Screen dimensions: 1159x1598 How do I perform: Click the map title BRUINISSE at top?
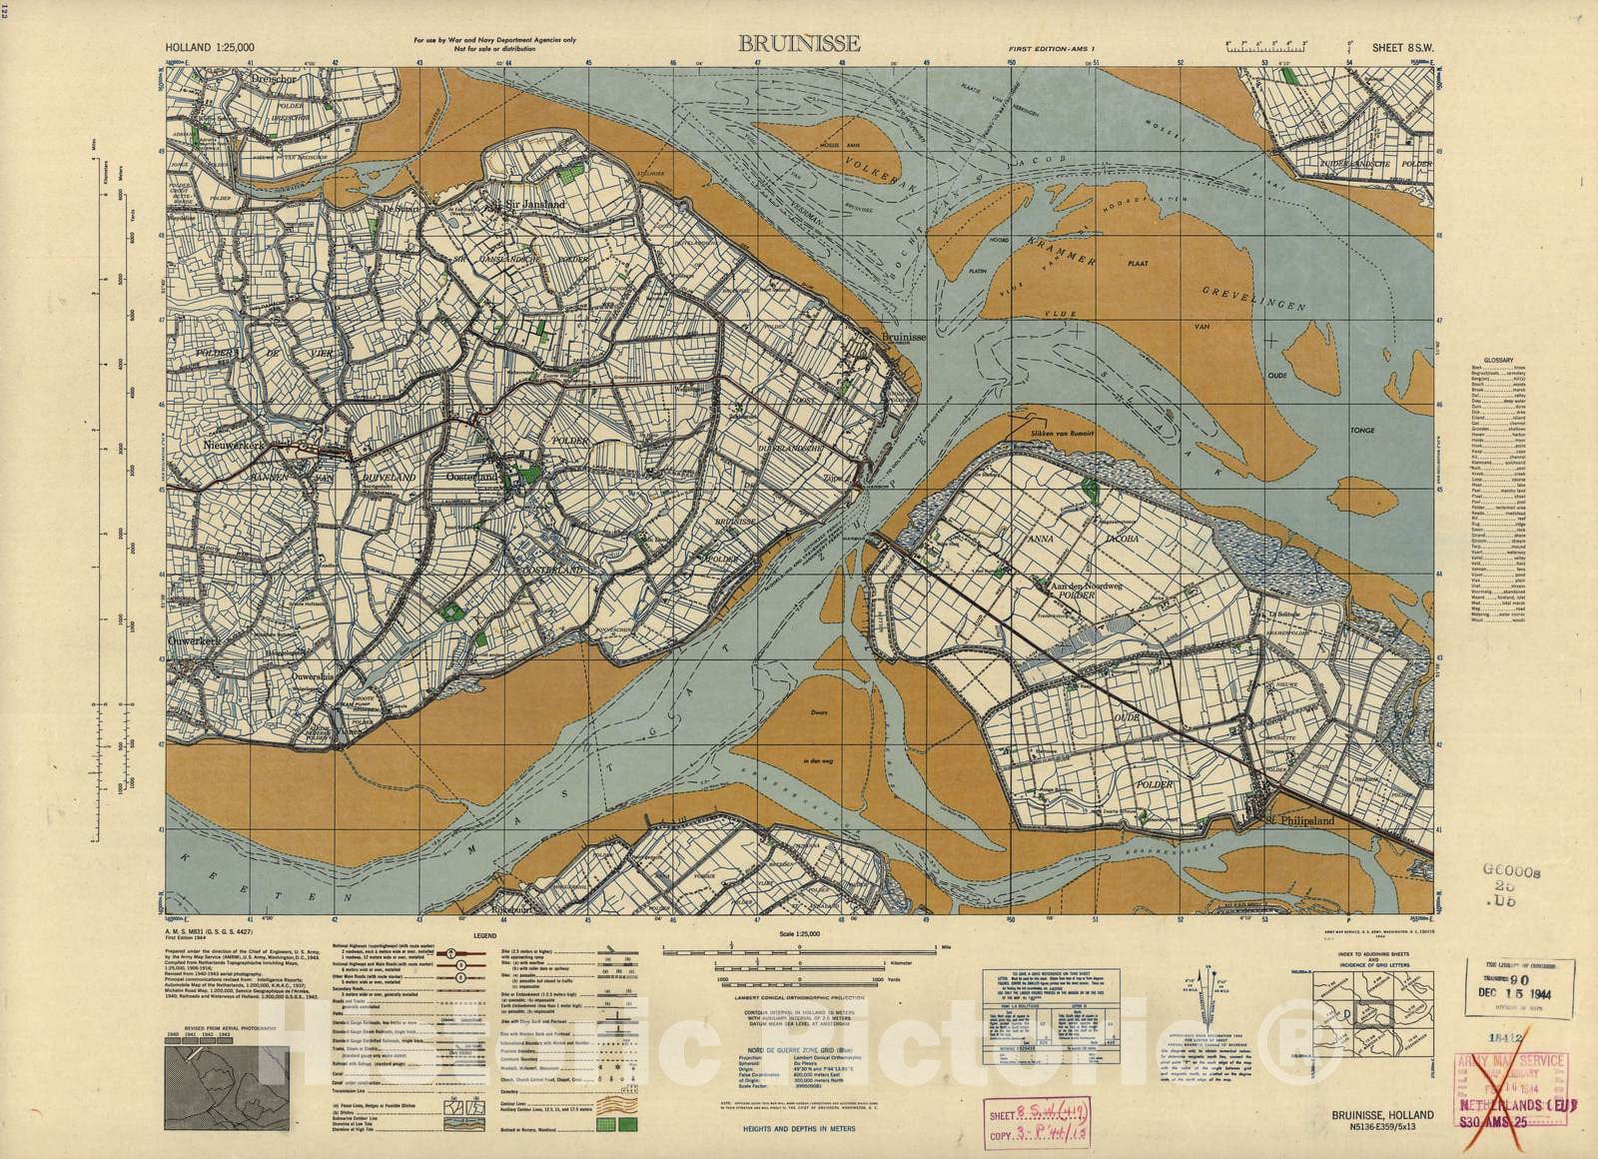click(798, 43)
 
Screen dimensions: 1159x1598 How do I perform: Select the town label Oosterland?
click(471, 479)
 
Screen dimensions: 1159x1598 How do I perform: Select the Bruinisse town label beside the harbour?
click(904, 339)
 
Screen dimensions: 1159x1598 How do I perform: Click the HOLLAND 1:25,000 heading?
click(210, 46)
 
